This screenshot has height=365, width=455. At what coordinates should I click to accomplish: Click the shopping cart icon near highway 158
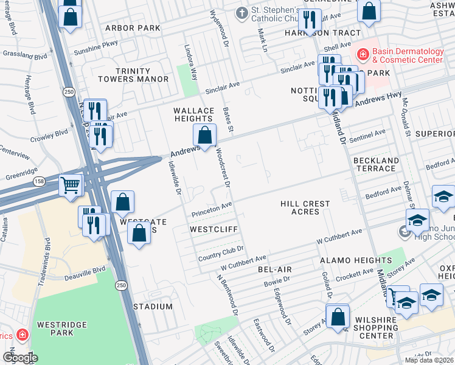pos(71,184)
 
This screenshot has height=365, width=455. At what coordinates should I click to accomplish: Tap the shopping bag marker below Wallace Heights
pos(205,135)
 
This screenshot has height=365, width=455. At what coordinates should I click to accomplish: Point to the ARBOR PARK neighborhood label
pos(133,28)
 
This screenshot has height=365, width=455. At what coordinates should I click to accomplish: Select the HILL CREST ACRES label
pos(305,207)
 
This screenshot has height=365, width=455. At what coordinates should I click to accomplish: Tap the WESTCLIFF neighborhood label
pos(212,230)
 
